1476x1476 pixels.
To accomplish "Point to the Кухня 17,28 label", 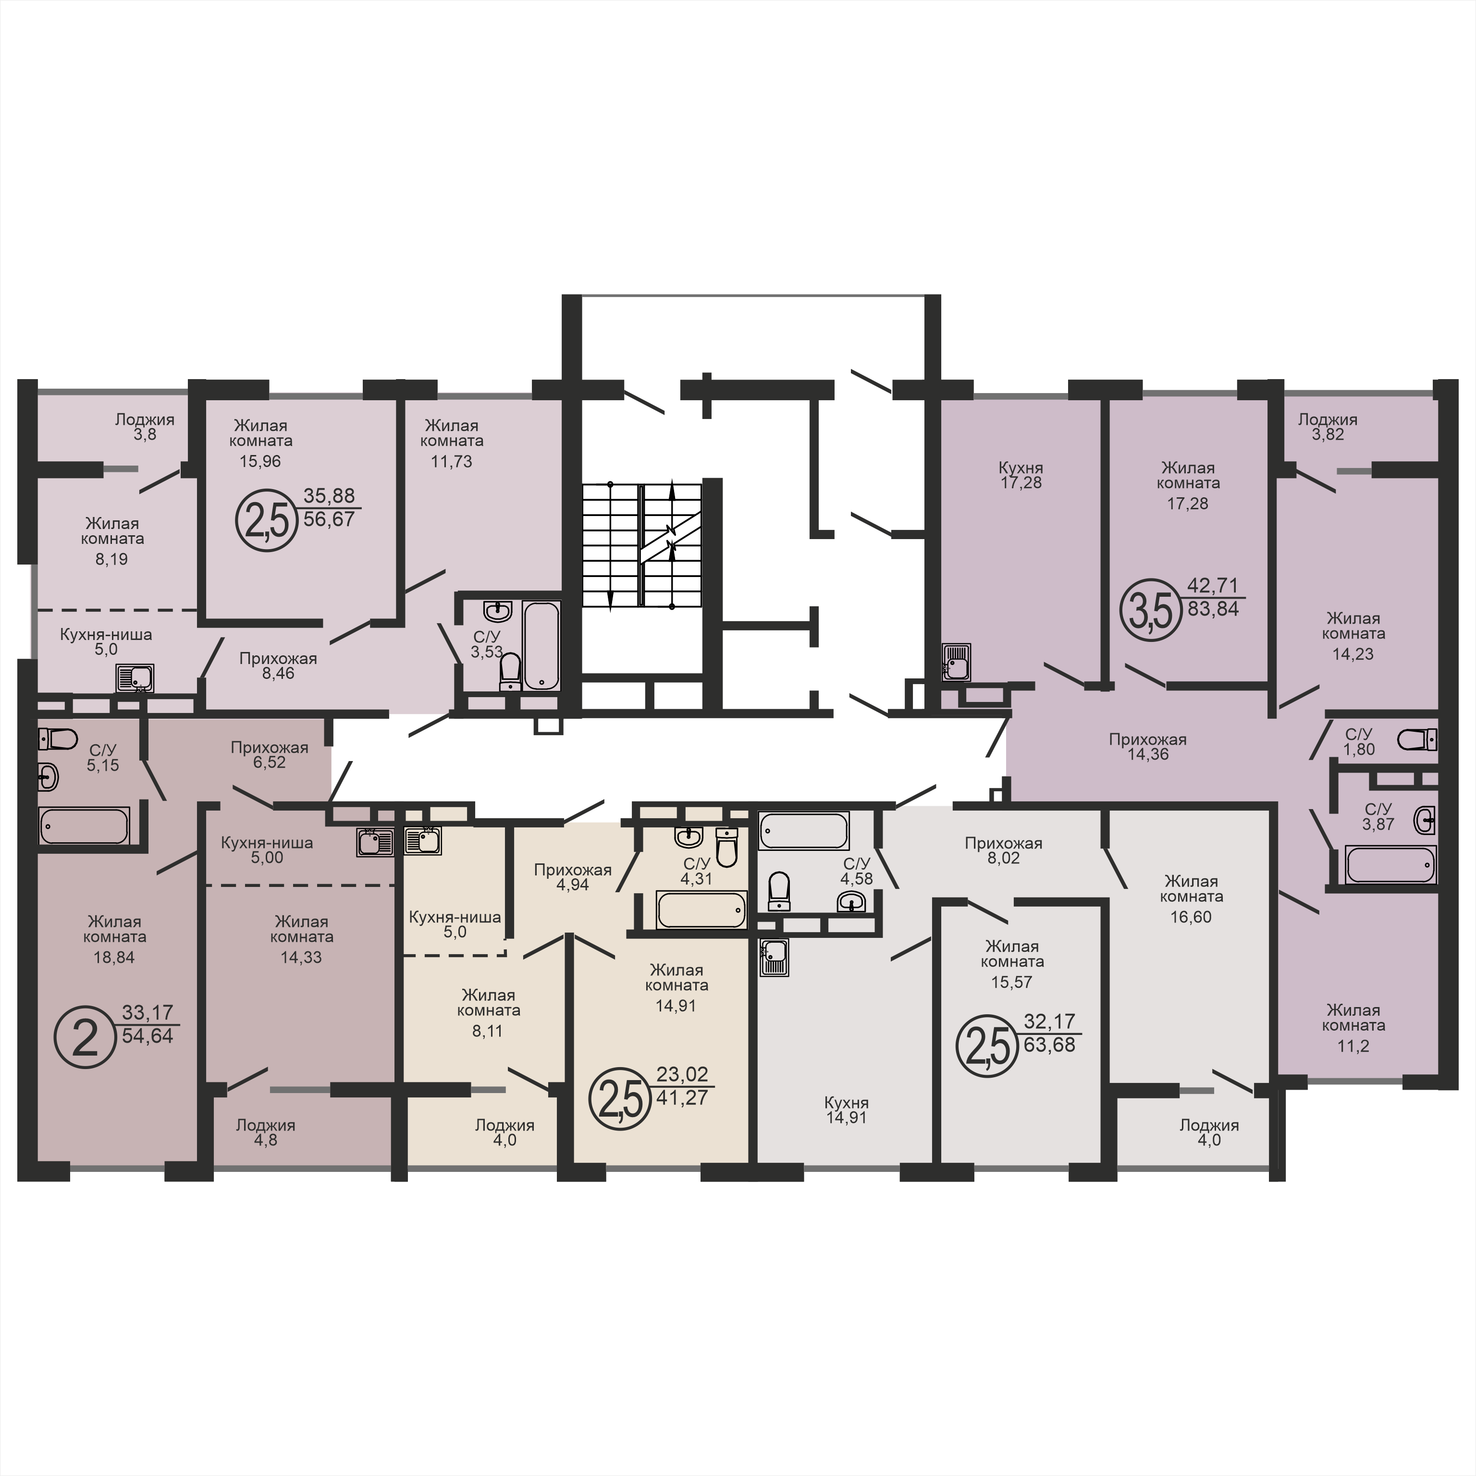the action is [x=1021, y=474].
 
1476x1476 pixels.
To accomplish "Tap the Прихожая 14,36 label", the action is [x=1147, y=746].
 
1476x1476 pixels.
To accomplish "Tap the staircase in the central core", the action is [x=642, y=545].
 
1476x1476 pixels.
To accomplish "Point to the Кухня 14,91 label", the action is [x=847, y=1110].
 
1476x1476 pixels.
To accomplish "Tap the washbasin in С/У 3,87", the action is [x=1425, y=821].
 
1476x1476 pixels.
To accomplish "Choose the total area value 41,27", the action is [x=682, y=1098].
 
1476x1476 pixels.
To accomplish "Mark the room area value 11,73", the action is [x=452, y=461].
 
